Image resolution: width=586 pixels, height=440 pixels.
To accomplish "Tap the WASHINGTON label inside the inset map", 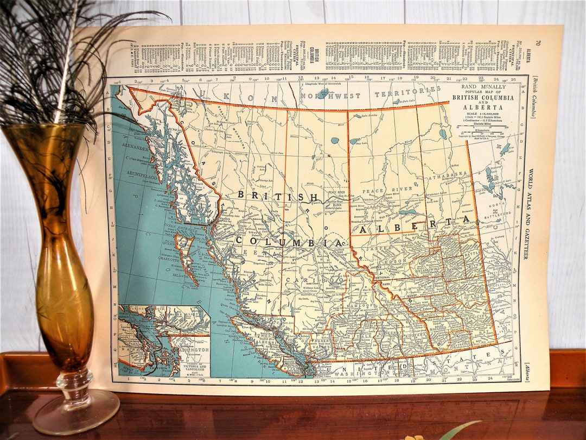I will [x=193, y=353].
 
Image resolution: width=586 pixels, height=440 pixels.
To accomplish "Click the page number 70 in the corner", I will [x=538, y=42].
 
